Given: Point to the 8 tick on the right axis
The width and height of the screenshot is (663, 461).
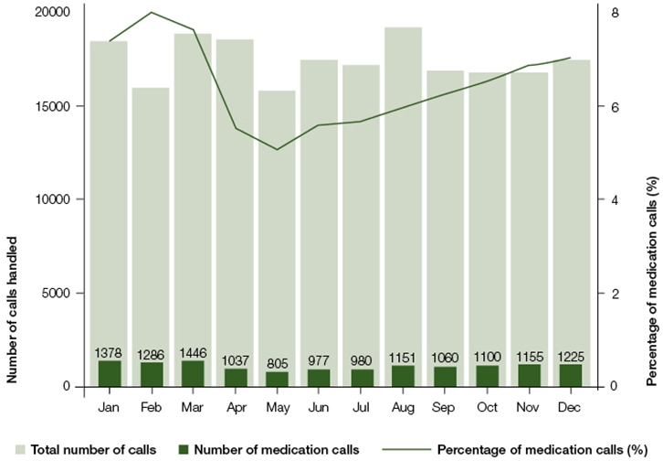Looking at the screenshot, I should [615, 13].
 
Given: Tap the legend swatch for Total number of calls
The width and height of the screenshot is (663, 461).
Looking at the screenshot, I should [18, 450].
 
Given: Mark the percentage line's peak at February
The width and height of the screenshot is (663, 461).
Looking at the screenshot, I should [151, 13].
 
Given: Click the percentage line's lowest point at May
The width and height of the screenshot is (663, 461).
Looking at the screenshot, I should [277, 149].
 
